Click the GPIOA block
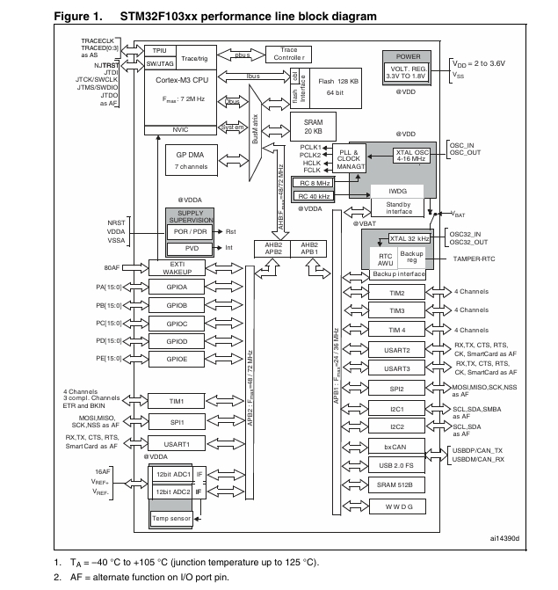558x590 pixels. click(177, 287)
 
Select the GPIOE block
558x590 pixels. click(177, 358)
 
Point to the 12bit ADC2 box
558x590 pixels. click(172, 492)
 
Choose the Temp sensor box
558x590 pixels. click(172, 518)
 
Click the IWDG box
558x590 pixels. click(398, 191)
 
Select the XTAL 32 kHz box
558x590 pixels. click(410, 237)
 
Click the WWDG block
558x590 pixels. click(398, 506)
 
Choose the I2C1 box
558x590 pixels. click(398, 409)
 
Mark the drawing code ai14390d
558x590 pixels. click(504, 538)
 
